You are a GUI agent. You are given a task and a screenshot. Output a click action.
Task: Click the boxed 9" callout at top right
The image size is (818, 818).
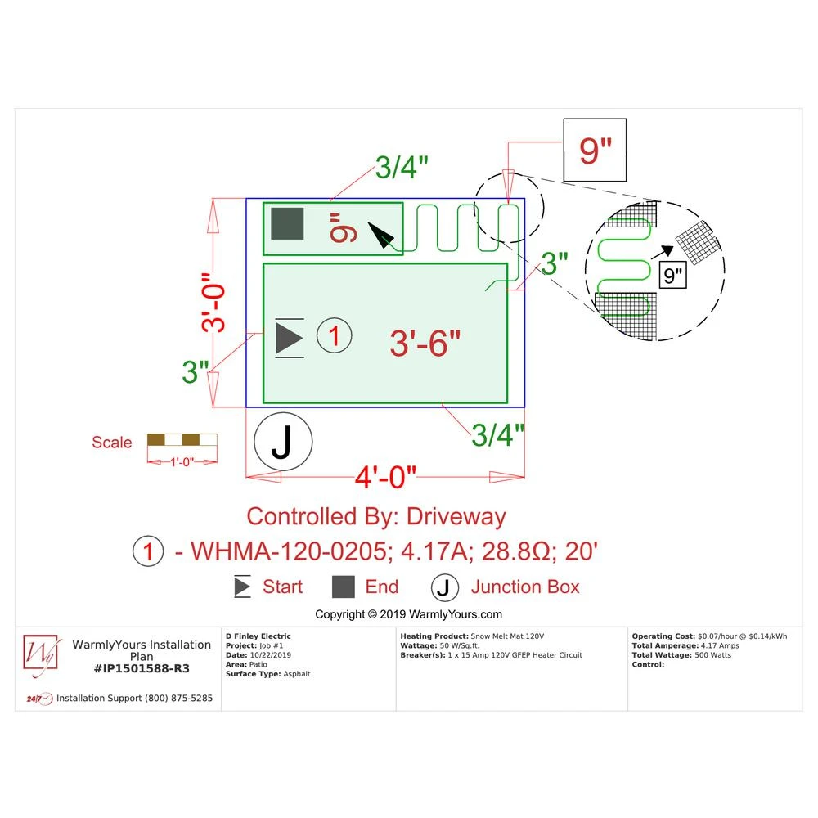pyautogui.click(x=595, y=151)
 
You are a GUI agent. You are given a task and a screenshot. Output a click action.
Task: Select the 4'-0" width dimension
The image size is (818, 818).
pyautogui.click(x=384, y=476)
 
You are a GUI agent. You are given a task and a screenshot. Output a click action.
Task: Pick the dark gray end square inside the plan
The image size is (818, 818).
pyautogui.click(x=287, y=224)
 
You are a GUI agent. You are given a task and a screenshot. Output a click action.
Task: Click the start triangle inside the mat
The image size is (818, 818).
pyautogui.click(x=289, y=337)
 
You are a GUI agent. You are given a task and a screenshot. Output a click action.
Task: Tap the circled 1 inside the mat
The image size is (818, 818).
pyautogui.click(x=334, y=335)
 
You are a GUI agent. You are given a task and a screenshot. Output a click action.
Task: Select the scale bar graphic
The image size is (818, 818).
pyautogui.click(x=182, y=439)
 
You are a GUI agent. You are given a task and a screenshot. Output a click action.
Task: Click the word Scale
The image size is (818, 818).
pyautogui.click(x=111, y=443)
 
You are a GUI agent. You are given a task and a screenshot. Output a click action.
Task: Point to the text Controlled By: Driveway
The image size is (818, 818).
pyautogui.click(x=376, y=517)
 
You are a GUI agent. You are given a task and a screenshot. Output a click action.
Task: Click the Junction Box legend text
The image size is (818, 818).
pyautogui.click(x=524, y=587)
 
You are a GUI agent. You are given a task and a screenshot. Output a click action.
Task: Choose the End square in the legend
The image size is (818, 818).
pyautogui.click(x=344, y=587)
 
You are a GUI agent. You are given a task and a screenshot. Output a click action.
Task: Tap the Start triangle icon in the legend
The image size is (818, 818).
pyautogui.click(x=243, y=587)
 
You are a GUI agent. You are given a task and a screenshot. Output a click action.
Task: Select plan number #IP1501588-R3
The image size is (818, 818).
pyautogui.click(x=142, y=668)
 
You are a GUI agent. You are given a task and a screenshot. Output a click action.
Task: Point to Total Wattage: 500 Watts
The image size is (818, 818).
pyautogui.click(x=681, y=655)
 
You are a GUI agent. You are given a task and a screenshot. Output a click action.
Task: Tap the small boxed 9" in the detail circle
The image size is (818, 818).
pyautogui.click(x=673, y=276)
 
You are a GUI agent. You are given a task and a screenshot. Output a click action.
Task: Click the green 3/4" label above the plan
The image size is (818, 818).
pyautogui.click(x=402, y=168)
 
